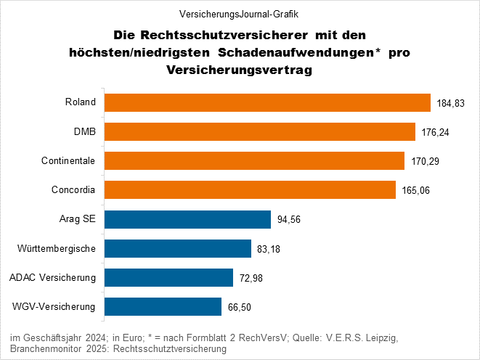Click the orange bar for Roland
(268, 102)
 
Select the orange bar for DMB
(260, 131)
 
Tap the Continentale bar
(254, 160)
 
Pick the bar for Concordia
(250, 190)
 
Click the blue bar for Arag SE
(187, 219)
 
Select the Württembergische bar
(178, 249)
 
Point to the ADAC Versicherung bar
(169, 278)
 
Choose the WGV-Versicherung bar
(163, 307)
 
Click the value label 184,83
(450, 104)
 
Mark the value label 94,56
(290, 220)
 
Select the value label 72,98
(253, 279)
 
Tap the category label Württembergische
(57, 249)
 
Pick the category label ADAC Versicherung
(52, 278)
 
